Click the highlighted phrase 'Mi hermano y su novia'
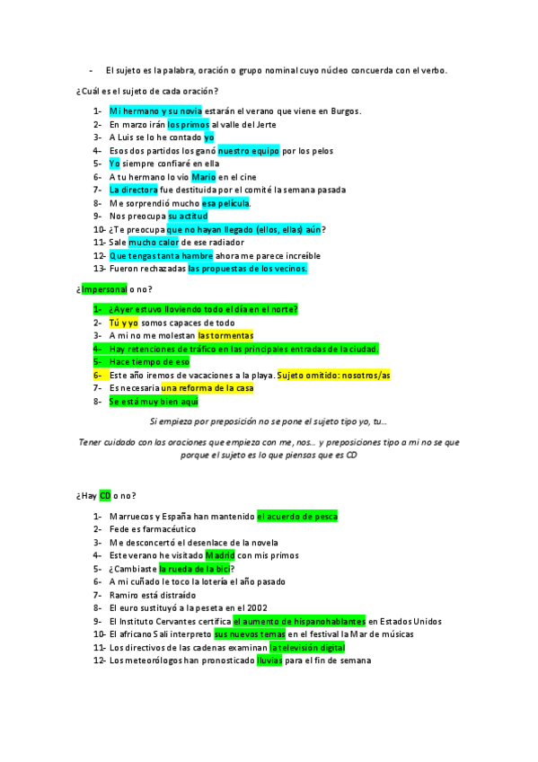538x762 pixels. click(x=150, y=111)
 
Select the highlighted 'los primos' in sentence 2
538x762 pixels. click(x=189, y=124)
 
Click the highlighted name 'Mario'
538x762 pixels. click(x=204, y=177)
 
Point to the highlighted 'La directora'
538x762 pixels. click(x=133, y=190)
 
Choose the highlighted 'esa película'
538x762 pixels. click(x=225, y=203)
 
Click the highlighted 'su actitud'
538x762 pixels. click(x=188, y=217)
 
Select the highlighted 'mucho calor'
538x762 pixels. click(x=153, y=243)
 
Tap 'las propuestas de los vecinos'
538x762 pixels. click(x=248, y=269)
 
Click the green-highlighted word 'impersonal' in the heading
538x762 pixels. click(x=104, y=289)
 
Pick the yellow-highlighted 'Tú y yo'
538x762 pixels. click(x=124, y=323)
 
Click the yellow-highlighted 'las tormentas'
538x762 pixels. click(x=225, y=335)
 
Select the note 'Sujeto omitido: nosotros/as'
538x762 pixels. click(x=334, y=375)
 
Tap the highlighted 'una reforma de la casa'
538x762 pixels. click(x=207, y=388)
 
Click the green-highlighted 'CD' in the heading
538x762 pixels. click(x=105, y=495)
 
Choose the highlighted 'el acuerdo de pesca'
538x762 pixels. click(x=297, y=517)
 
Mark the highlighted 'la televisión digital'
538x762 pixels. click(x=306, y=647)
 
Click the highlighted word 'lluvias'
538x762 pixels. click(x=269, y=660)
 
